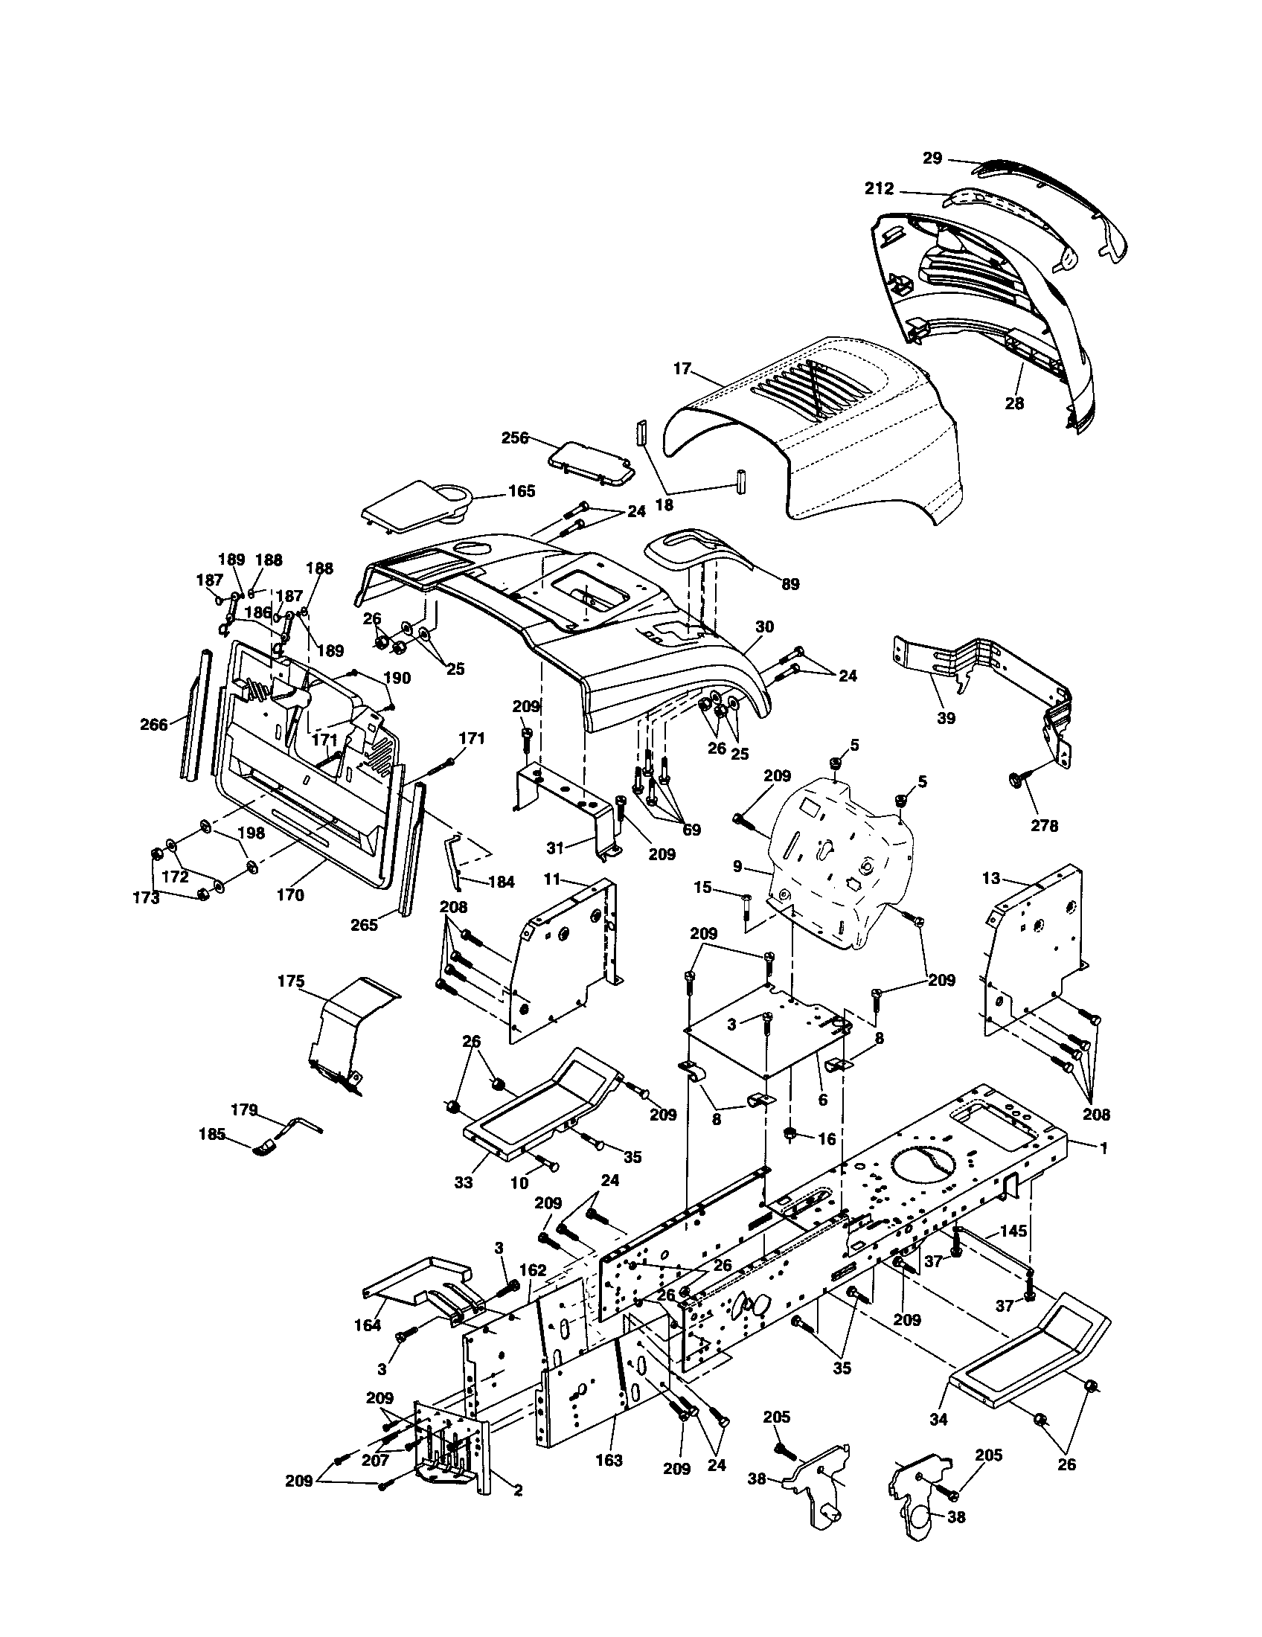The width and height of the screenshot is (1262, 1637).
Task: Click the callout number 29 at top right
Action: tap(932, 158)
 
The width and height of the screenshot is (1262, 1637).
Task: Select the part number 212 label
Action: tap(879, 189)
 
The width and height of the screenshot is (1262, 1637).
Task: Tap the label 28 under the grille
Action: tap(1014, 403)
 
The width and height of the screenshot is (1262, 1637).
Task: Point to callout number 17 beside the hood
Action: tap(681, 369)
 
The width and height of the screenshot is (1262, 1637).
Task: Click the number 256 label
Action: tap(515, 437)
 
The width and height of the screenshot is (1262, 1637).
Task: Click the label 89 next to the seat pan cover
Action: tap(790, 584)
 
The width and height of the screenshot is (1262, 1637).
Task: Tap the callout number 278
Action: tap(1044, 825)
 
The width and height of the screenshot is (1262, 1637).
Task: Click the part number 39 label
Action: tap(946, 717)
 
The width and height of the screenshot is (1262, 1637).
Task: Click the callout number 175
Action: tap(291, 981)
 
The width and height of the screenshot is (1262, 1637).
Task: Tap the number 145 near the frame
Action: tap(1013, 1231)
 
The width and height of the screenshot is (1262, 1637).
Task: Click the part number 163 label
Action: tap(609, 1460)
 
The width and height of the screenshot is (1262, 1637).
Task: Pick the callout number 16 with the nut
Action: tap(826, 1139)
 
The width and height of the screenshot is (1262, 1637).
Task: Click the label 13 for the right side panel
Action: tap(990, 879)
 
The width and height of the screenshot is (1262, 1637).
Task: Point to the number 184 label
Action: tap(501, 882)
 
